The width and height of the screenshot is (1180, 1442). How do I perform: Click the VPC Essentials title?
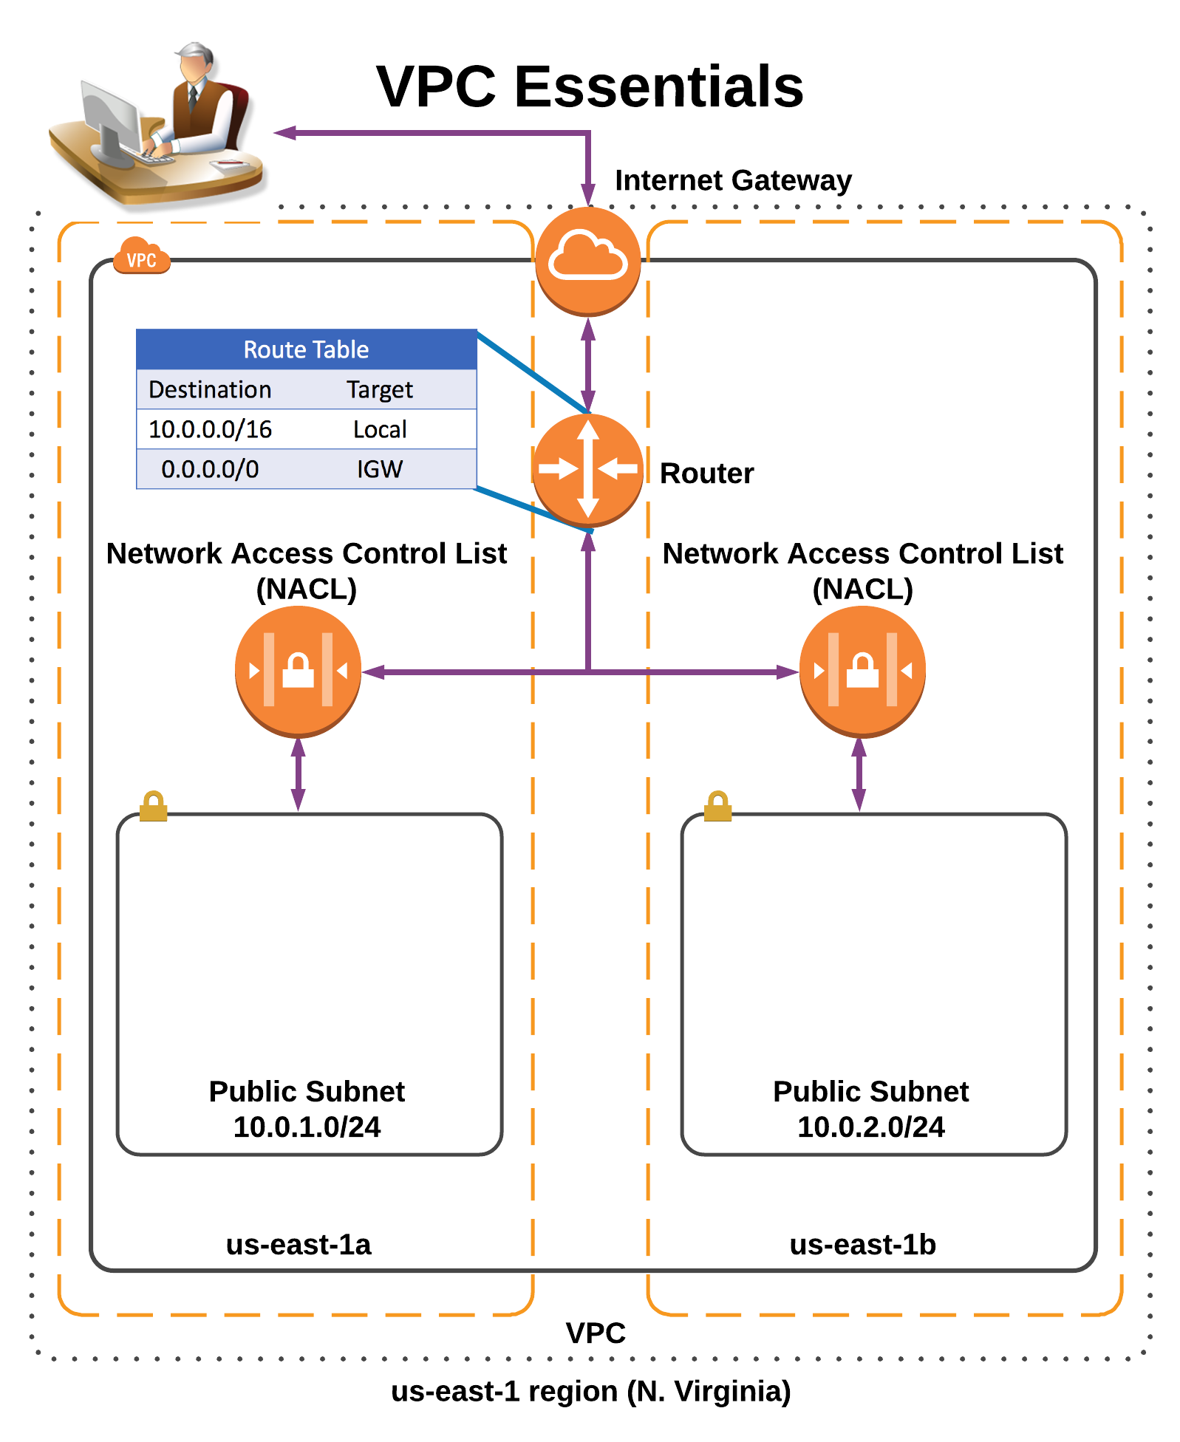(x=590, y=86)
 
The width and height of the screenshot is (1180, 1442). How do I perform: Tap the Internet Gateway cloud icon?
(x=588, y=260)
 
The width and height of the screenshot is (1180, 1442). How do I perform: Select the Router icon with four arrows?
(x=588, y=469)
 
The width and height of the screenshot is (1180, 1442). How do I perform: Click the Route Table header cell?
(x=306, y=349)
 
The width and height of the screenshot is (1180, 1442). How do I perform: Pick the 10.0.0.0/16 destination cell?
(x=210, y=429)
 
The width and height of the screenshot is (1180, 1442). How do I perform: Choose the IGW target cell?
(x=380, y=469)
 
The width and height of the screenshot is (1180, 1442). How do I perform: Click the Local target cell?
(x=380, y=429)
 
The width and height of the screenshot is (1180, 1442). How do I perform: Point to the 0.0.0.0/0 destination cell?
(x=210, y=469)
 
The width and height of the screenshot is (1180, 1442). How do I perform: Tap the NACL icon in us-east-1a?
(x=298, y=670)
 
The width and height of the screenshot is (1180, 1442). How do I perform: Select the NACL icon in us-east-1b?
(x=862, y=670)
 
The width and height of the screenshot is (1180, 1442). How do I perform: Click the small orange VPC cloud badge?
(x=141, y=257)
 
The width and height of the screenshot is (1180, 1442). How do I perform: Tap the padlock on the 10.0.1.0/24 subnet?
(x=154, y=806)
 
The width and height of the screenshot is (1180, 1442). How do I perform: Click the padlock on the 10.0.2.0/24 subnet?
(x=717, y=806)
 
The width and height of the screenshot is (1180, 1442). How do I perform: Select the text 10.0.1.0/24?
(x=307, y=1127)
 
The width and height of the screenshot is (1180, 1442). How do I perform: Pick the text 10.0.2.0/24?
(x=870, y=1127)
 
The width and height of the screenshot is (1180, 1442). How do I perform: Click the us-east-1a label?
(x=299, y=1245)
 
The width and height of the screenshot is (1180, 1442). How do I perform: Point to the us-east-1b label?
(x=862, y=1245)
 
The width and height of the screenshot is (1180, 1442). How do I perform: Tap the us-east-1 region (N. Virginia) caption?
(x=590, y=1391)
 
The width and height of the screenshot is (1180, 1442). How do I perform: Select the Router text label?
(x=706, y=474)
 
